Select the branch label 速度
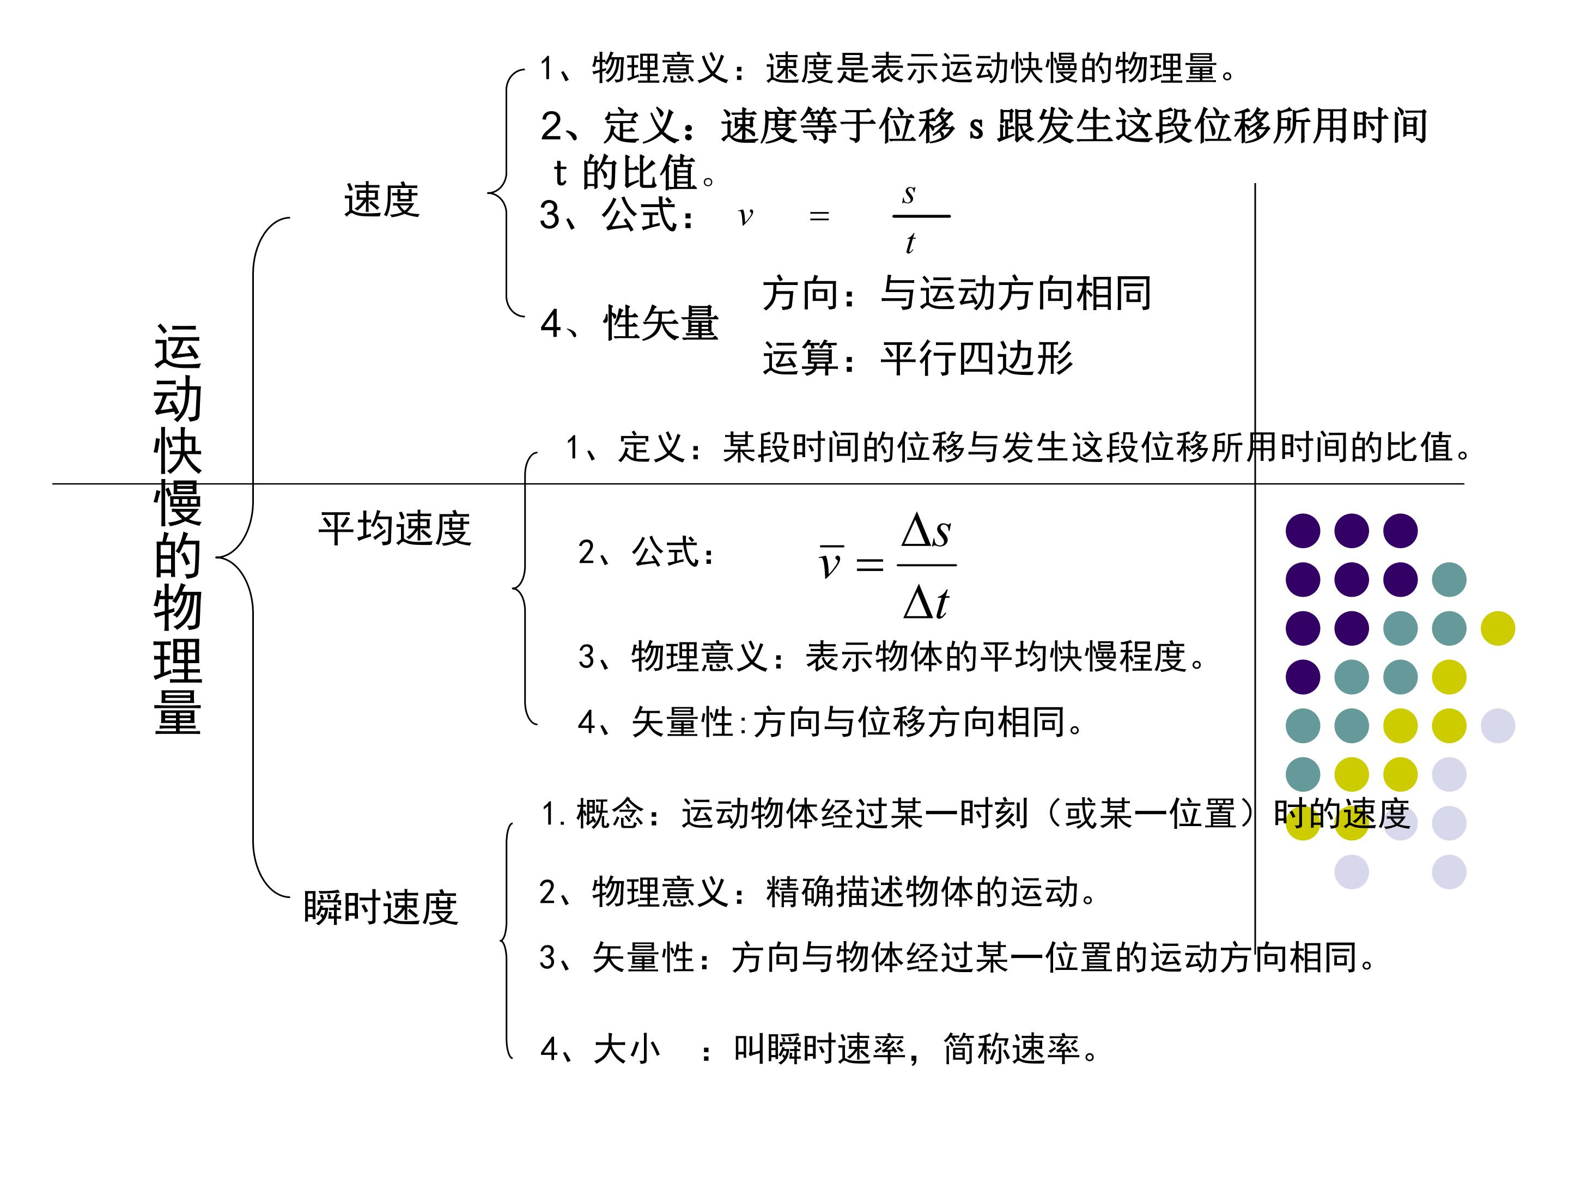(x=381, y=200)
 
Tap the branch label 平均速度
(x=394, y=529)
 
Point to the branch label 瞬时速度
(x=380, y=907)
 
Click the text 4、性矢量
(x=629, y=324)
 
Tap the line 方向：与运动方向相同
(x=957, y=293)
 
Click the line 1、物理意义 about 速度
(x=888, y=69)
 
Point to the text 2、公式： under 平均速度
(x=646, y=553)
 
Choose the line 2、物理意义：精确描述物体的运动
(x=818, y=892)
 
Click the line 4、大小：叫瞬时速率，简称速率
(x=819, y=1048)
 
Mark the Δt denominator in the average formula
(x=926, y=604)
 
